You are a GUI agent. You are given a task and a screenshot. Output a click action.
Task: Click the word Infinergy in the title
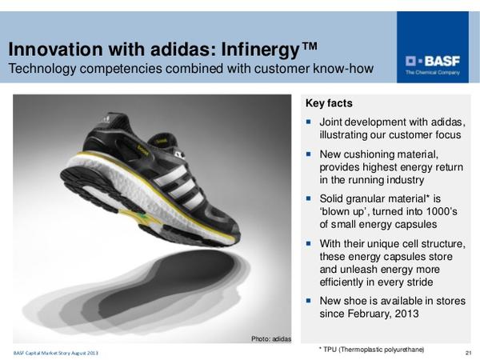pyautogui.click(x=259, y=50)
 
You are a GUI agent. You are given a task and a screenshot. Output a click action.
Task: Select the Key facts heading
pyautogui.click(x=329, y=103)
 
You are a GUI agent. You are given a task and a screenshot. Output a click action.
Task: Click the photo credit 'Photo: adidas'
pyautogui.click(x=271, y=338)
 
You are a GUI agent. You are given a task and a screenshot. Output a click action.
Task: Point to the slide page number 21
pyautogui.click(x=467, y=353)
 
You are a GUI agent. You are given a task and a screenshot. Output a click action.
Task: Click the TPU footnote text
pyautogui.click(x=372, y=350)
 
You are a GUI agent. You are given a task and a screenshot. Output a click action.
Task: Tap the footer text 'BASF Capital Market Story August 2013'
pyautogui.click(x=56, y=353)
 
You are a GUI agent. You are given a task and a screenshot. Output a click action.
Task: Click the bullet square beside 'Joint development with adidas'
pyautogui.click(x=309, y=122)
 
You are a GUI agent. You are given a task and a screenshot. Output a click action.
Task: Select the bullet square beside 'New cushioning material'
pyautogui.click(x=309, y=154)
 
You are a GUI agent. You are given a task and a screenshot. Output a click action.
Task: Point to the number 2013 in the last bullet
pyautogui.click(x=406, y=314)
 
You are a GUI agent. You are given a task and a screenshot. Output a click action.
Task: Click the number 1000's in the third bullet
pyautogui.click(x=442, y=211)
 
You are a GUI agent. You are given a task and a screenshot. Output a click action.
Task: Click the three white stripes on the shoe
pyautogui.click(x=180, y=186)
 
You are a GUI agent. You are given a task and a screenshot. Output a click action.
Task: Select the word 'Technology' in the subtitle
pyautogui.click(x=42, y=69)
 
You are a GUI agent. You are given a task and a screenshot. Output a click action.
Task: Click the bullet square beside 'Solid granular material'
pyautogui.click(x=309, y=198)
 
